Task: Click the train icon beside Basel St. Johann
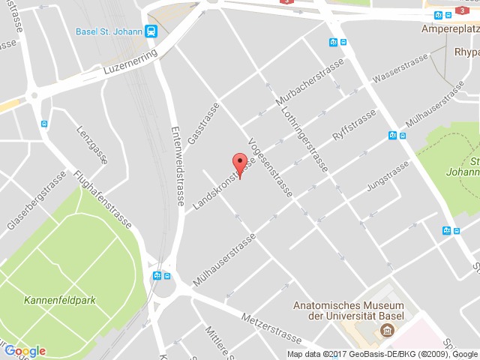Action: click(x=152, y=31)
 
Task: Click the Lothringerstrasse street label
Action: click(x=304, y=138)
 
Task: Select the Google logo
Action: click(x=25, y=350)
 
